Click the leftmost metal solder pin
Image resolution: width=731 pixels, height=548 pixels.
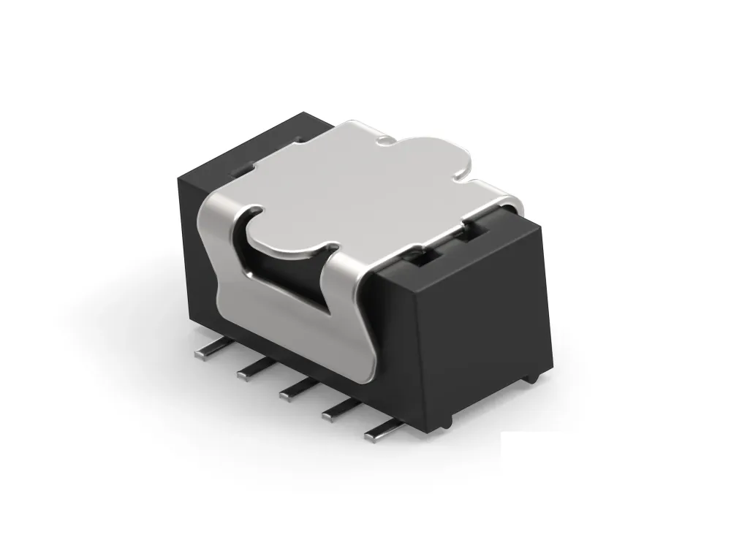coord(207,354)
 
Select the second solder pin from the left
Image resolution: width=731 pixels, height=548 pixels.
coord(251,372)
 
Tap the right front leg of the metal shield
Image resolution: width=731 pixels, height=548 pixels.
coord(351,314)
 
